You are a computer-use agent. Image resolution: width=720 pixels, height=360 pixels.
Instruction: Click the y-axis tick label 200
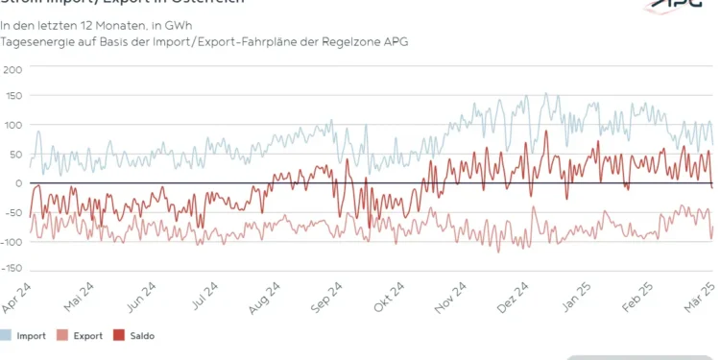12,69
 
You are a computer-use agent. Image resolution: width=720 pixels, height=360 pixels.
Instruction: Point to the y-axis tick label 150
12,98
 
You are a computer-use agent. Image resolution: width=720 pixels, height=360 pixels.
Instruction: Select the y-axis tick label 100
12,126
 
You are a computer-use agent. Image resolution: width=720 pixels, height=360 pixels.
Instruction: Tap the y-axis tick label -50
12,212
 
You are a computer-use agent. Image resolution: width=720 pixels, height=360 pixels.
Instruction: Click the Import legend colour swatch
6,336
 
